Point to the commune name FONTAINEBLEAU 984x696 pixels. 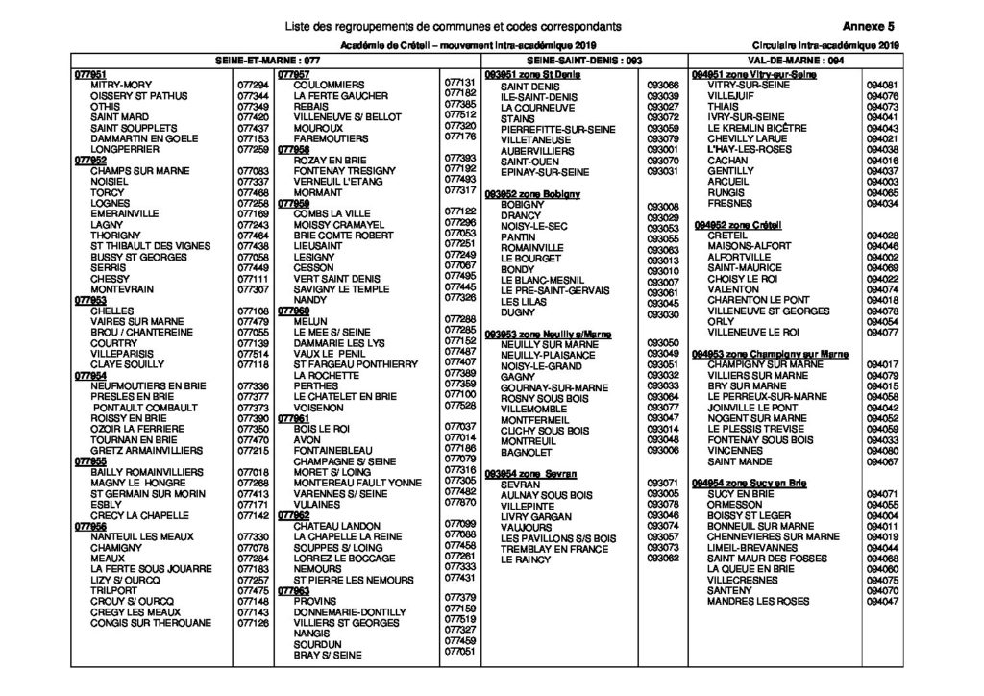(339, 448)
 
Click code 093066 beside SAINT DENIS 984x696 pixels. (663, 86)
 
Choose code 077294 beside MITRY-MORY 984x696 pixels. (252, 85)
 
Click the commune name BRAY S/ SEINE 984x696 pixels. (328, 656)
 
